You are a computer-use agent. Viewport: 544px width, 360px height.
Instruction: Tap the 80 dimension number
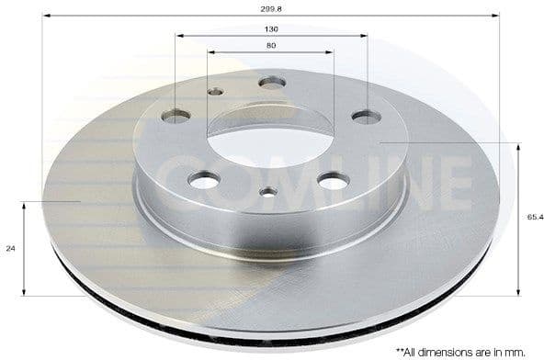point(271,45)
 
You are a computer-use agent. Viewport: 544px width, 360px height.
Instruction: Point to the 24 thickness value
point(10,248)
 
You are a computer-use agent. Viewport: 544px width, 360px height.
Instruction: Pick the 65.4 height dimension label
point(534,217)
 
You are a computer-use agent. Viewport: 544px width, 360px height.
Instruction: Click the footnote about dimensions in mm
point(467,350)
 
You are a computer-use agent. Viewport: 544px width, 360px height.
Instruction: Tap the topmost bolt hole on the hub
point(272,83)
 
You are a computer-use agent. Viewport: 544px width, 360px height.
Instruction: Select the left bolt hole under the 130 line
point(176,117)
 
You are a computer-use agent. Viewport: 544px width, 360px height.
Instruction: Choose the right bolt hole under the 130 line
point(367,117)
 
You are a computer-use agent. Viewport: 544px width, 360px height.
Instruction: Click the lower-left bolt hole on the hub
point(204,180)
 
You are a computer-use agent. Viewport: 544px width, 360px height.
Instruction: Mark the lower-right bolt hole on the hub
point(333,181)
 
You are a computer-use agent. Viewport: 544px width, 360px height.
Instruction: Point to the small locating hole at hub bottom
point(268,192)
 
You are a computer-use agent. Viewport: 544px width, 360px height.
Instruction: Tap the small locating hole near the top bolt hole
point(216,91)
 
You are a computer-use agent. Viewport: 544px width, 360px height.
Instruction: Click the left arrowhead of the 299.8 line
point(45,16)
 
